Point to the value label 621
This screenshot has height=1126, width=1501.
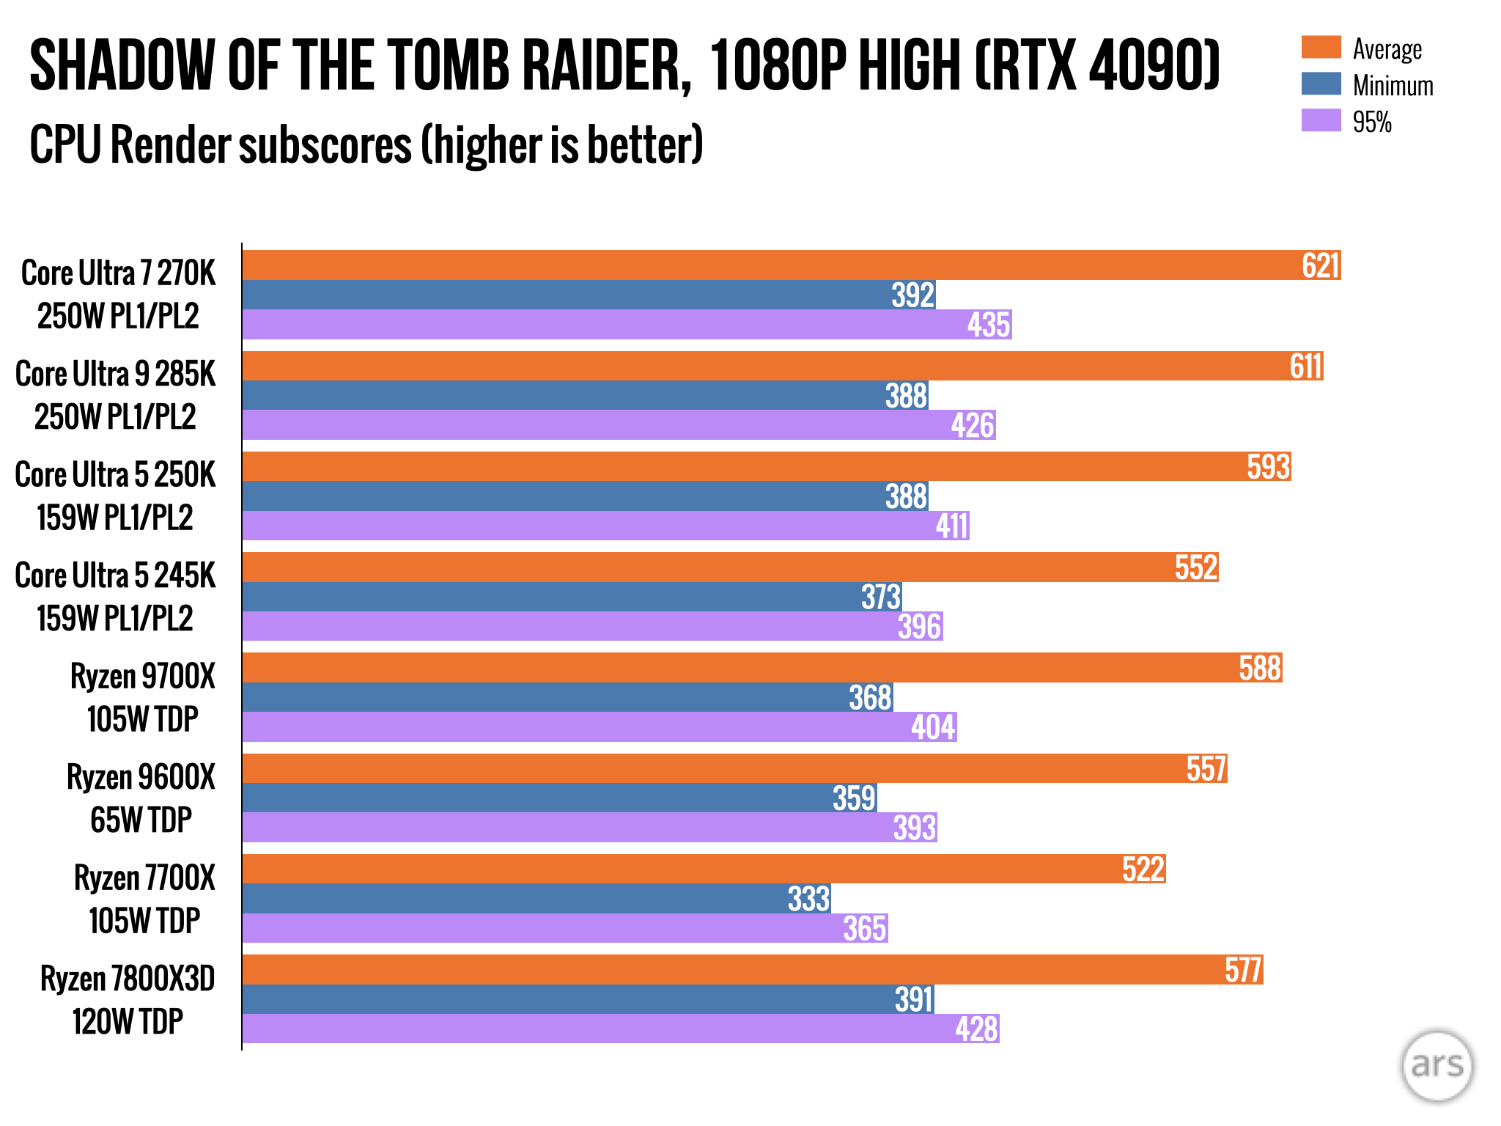[x=1321, y=265]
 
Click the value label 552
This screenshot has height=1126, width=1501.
[x=1196, y=567]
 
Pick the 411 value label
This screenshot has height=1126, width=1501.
[x=952, y=526]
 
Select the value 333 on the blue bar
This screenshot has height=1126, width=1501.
[x=808, y=899]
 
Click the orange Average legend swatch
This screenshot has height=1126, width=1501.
[x=1321, y=47]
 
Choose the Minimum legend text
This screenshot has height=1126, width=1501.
[x=1393, y=86]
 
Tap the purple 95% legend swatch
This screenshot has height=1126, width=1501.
[x=1321, y=120]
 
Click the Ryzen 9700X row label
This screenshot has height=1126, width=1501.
[x=143, y=697]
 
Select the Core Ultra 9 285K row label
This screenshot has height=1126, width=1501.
[x=116, y=395]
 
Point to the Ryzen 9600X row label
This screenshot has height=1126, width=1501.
[x=141, y=798]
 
